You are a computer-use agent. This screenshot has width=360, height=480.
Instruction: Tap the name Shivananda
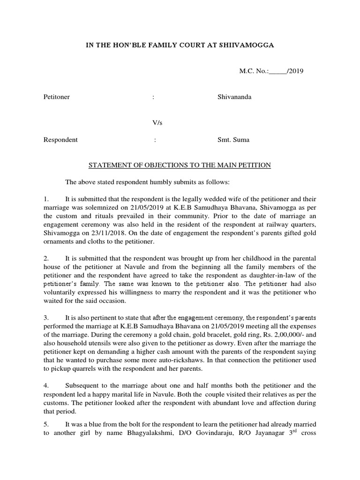click(234, 97)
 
